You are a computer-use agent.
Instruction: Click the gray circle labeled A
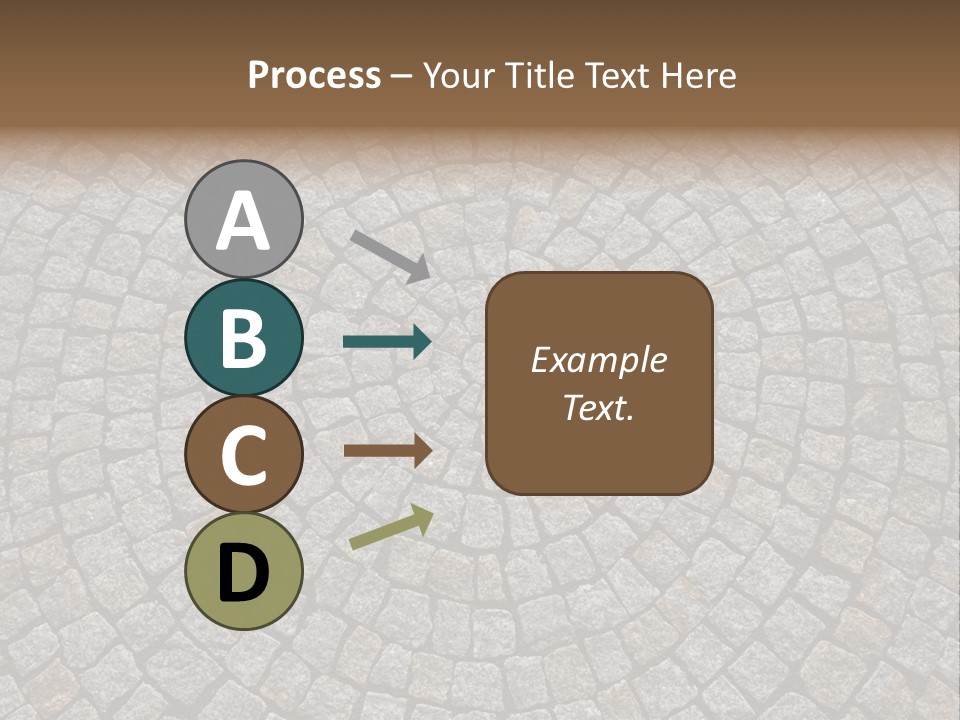coord(243,219)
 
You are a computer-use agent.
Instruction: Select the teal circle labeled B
coord(243,337)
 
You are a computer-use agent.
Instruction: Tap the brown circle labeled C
coord(243,455)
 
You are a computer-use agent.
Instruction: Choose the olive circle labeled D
coord(243,572)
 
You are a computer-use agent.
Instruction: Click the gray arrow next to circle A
coord(390,255)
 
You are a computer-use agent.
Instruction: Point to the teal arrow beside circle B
coord(387,342)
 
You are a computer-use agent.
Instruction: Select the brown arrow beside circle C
coord(387,450)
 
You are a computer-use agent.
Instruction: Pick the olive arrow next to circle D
coord(391,527)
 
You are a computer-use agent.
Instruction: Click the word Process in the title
coord(314,76)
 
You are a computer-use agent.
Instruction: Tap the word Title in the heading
coord(540,76)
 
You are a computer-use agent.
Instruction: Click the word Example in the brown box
coord(598,360)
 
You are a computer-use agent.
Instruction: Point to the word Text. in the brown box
coord(598,408)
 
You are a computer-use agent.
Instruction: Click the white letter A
coord(243,221)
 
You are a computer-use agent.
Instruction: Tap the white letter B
coord(243,338)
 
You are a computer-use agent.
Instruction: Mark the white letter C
coord(243,456)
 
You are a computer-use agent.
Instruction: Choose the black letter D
coord(243,573)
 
